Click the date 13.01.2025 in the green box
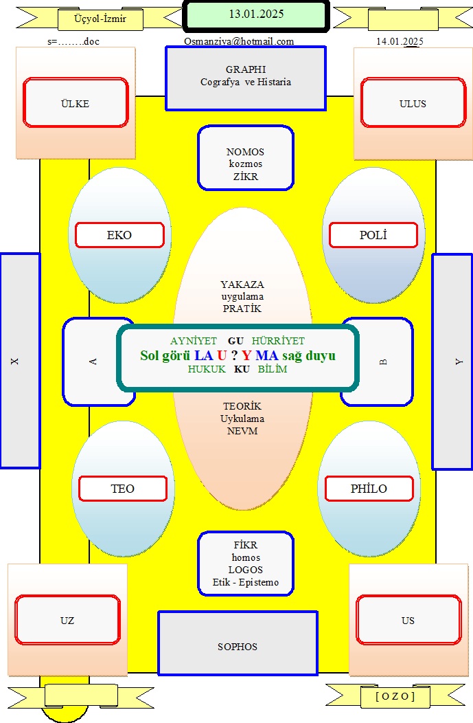coord(256,14)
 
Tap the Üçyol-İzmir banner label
coord(100,19)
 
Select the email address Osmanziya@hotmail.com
coord(239,41)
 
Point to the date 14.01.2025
coord(400,41)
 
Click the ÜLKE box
coord(76,103)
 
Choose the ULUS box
coord(413,103)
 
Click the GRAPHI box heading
coord(246,69)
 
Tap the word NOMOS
coord(245,152)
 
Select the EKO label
coord(119,235)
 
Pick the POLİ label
coord(373,235)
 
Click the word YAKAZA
coord(242,285)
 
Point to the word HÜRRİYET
coord(278,341)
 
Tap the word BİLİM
coord(273,369)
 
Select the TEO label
coord(122,489)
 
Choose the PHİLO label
coord(369,489)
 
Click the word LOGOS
coord(246,570)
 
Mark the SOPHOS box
coord(238,644)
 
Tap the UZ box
coord(67,620)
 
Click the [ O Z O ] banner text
coord(395,696)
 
